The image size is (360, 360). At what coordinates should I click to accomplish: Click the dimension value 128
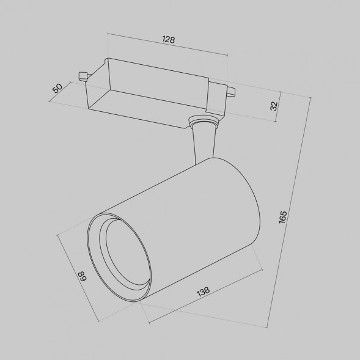169,40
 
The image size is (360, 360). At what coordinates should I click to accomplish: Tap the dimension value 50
58,88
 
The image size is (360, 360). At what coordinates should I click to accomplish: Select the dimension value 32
274,105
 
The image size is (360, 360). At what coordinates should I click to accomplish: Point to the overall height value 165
282,217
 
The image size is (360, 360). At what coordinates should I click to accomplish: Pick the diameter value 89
81,275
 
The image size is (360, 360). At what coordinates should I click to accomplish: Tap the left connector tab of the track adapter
83,76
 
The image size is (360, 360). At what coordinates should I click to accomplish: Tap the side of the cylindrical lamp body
183,226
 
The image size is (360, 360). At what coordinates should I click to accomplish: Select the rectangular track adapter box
153,92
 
